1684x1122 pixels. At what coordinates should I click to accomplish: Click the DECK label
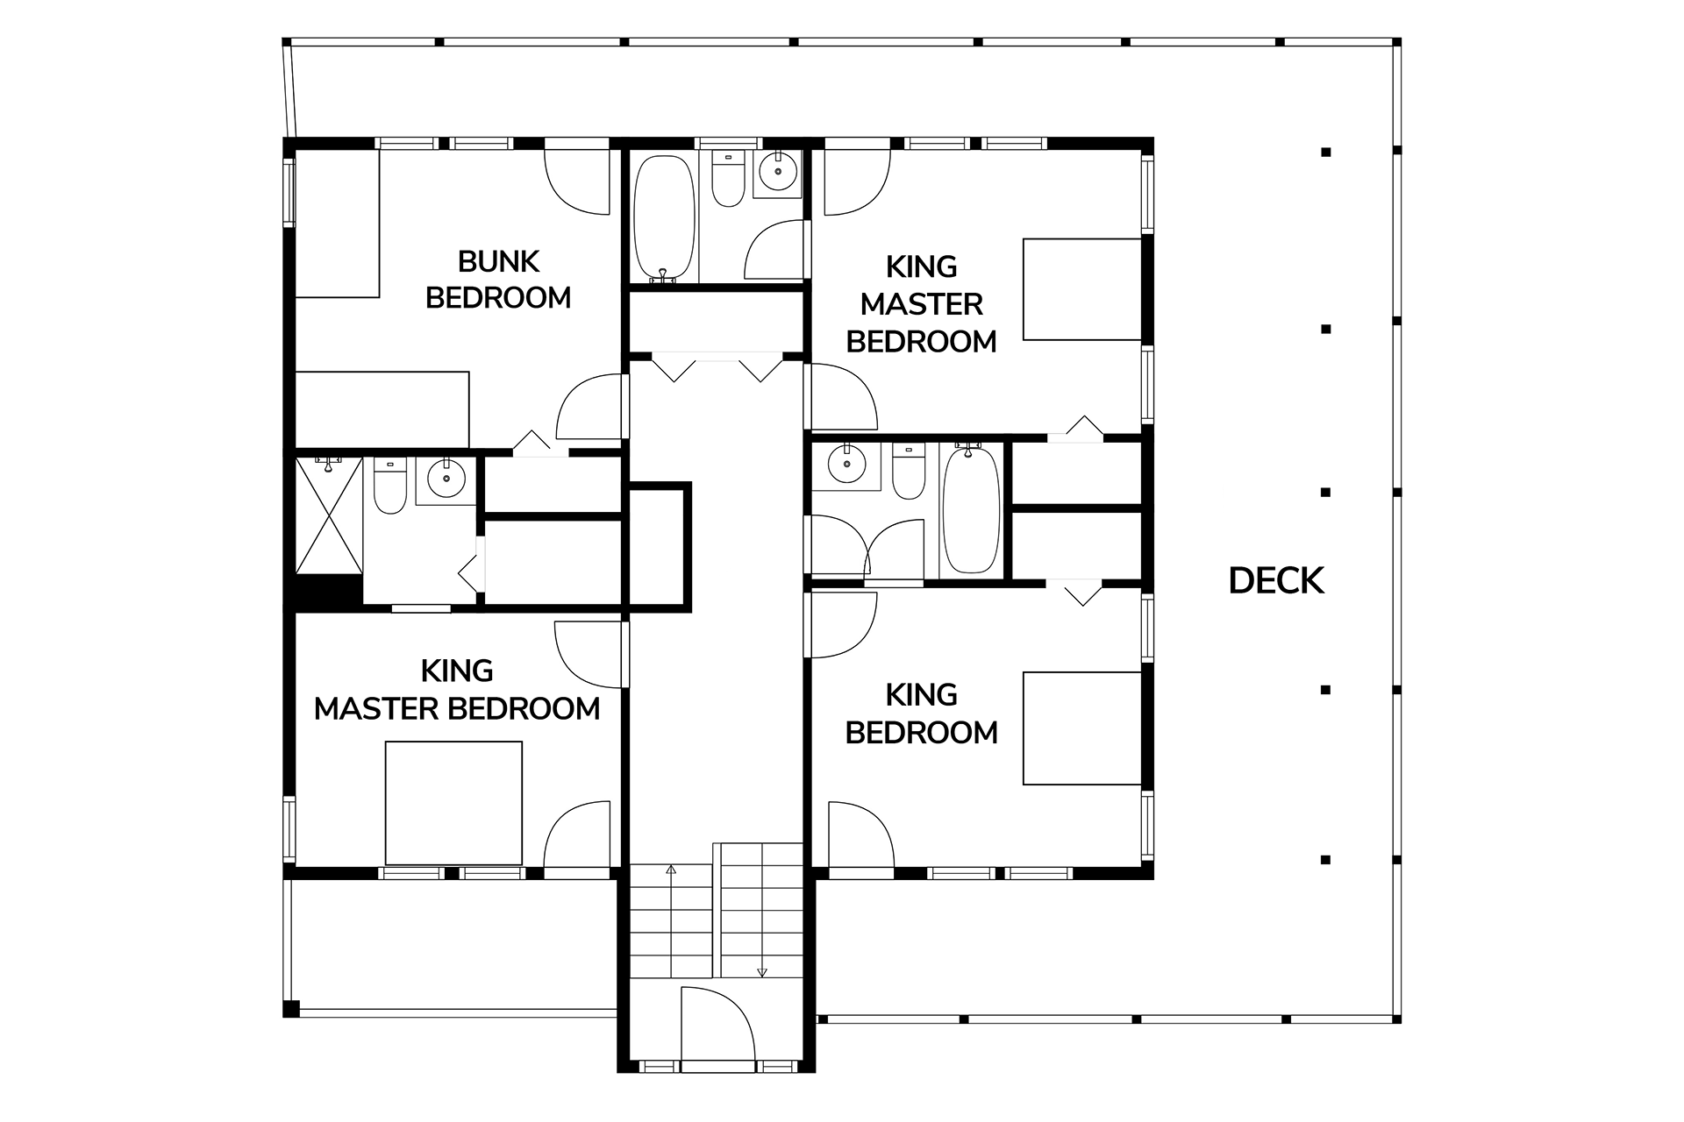(1276, 580)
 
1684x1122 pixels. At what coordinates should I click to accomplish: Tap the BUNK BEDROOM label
(498, 280)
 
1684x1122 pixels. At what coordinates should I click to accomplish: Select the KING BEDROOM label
(921, 714)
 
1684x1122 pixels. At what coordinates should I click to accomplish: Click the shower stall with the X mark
(329, 515)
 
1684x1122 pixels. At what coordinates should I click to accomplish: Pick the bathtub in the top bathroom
(665, 219)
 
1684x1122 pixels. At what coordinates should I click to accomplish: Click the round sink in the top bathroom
(775, 173)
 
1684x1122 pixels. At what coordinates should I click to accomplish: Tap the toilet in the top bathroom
(728, 180)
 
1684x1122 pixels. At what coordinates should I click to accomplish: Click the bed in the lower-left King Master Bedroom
(454, 803)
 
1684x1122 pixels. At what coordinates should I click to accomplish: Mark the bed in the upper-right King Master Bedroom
(1082, 289)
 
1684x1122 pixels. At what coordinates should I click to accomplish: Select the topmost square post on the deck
(1326, 153)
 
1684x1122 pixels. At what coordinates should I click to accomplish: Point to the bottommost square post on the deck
(1326, 859)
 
